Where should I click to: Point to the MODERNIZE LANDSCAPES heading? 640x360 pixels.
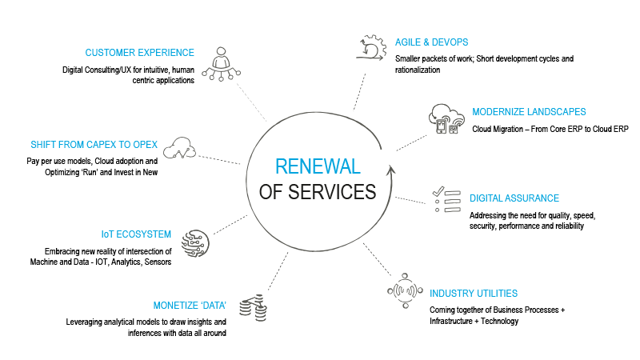(x=529, y=111)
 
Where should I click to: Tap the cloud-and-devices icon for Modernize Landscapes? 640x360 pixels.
(x=442, y=119)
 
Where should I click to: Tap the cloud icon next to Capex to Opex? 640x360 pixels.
(x=179, y=147)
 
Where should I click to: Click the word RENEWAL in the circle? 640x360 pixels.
(x=318, y=167)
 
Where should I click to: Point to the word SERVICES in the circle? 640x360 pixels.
(x=337, y=192)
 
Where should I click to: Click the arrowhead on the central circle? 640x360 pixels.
(x=390, y=167)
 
